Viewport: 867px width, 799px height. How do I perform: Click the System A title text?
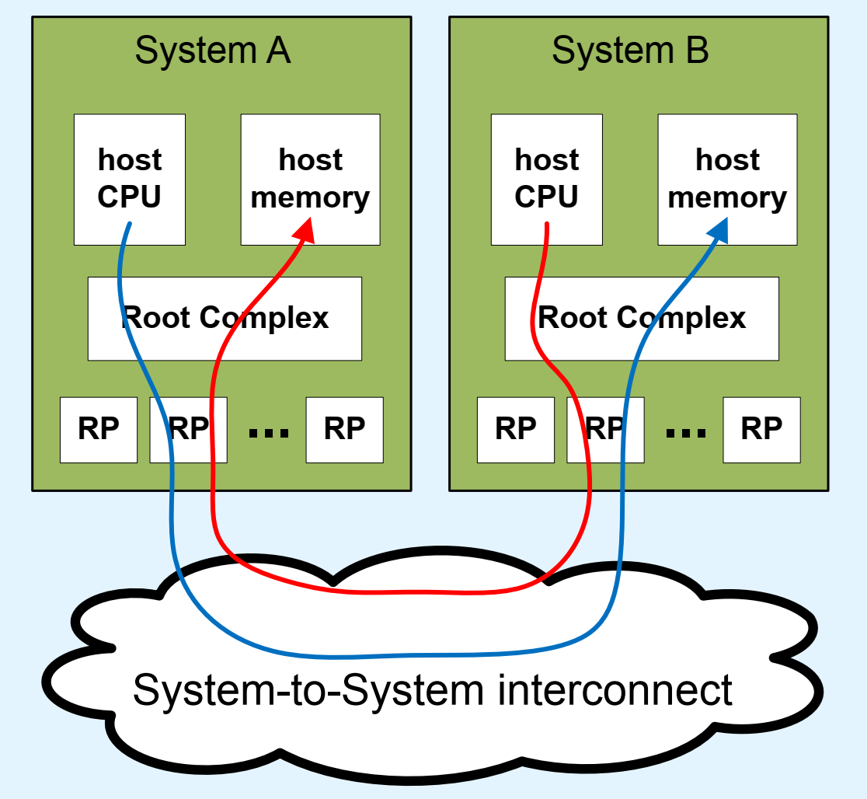click(x=212, y=51)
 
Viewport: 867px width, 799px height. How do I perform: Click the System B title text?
click(x=629, y=51)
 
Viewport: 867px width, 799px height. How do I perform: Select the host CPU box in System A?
click(x=130, y=179)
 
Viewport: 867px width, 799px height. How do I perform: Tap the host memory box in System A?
click(x=310, y=179)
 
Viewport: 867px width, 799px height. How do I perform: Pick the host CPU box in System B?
click(x=546, y=179)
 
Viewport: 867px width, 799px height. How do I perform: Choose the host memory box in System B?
click(x=727, y=179)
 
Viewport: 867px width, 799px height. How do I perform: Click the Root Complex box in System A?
click(x=225, y=318)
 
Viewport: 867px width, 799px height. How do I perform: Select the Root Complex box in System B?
click(x=642, y=318)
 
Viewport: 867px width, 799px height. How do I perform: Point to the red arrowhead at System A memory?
click(x=305, y=229)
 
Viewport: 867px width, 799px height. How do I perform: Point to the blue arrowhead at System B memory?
click(x=719, y=229)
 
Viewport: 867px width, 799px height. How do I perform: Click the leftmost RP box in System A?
click(x=99, y=429)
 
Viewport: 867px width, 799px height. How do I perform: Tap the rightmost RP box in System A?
click(x=344, y=429)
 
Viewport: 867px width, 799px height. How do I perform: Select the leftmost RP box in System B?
click(x=516, y=429)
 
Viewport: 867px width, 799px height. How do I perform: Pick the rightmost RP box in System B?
click(x=761, y=429)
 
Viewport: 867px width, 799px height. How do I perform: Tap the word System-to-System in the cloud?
click(x=311, y=689)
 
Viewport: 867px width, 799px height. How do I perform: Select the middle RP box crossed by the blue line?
click(x=188, y=429)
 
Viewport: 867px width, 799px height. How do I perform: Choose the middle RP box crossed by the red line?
click(x=605, y=429)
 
